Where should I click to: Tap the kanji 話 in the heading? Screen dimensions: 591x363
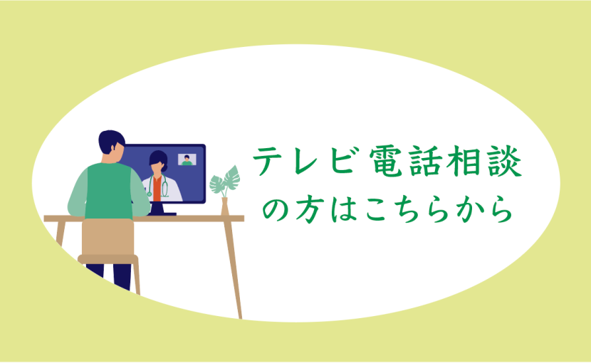tap(426, 162)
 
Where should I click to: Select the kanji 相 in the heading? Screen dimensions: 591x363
tap(464, 162)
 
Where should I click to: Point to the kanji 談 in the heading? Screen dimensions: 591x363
tap(504, 162)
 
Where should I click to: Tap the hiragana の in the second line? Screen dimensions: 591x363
tap(276, 209)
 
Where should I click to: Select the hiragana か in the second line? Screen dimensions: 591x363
tap(468, 209)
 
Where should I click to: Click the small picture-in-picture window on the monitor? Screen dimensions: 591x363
tap(187, 159)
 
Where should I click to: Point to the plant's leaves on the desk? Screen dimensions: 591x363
tap(225, 180)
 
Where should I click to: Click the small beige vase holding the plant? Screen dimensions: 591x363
tap(224, 206)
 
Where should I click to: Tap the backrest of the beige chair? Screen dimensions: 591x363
tap(108, 237)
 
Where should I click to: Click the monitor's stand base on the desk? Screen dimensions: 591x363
tap(162, 214)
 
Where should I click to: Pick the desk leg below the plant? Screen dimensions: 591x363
tap(234, 270)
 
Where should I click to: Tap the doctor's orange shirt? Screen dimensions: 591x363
tap(157, 189)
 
